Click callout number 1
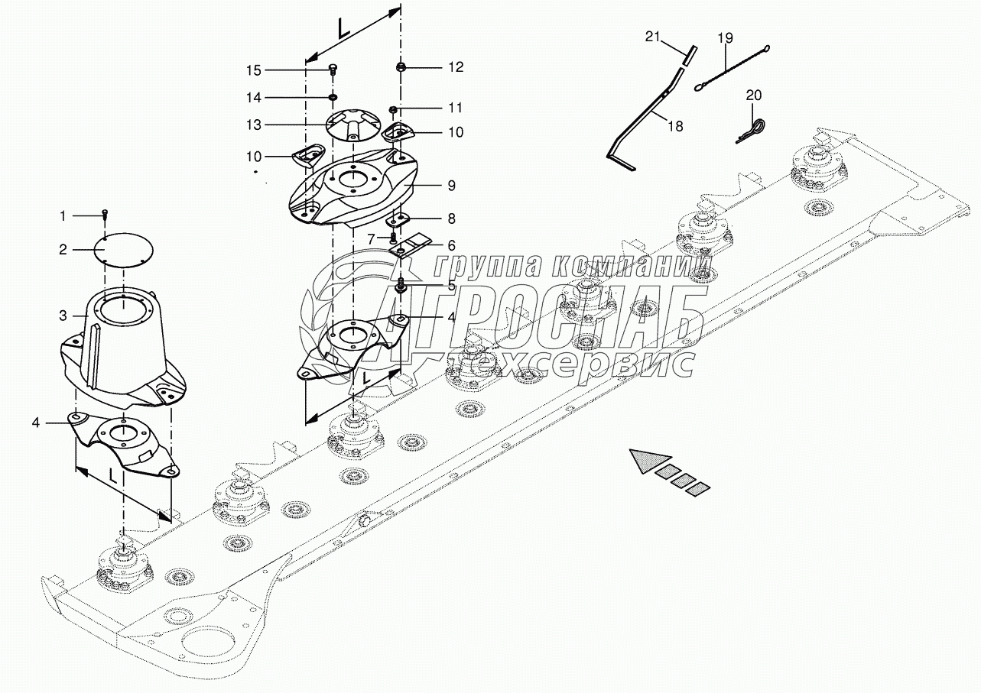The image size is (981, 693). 63,217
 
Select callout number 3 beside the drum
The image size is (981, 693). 63,316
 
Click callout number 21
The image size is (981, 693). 651,36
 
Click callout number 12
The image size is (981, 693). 456,67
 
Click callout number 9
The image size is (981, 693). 451,185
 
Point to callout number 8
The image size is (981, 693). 451,219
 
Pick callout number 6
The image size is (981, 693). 451,245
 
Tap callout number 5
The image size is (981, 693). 451,286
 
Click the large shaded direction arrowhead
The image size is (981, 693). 645,461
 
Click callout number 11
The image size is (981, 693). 456,107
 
